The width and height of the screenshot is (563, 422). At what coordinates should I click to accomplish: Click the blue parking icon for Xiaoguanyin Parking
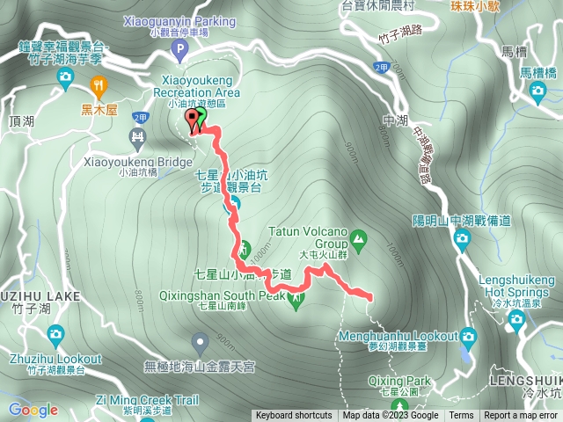(x=182, y=53)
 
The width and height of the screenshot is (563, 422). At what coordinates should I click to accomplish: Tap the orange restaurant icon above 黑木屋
(x=99, y=85)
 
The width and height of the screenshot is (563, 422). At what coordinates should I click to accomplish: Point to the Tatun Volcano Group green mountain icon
(x=358, y=236)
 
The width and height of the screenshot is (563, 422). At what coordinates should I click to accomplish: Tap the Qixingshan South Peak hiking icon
(x=296, y=301)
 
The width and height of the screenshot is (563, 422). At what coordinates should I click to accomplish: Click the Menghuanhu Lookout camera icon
(x=467, y=336)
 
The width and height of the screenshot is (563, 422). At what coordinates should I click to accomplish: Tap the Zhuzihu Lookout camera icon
(x=55, y=334)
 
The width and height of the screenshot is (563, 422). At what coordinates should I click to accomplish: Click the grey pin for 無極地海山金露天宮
(x=201, y=340)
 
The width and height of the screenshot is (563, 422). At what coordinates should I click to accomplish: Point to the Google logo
(x=33, y=410)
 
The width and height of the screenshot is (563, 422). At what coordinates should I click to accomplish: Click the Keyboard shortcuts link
(x=294, y=416)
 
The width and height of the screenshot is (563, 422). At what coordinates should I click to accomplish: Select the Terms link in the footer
(x=461, y=416)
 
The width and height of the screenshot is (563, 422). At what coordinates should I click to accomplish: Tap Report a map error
(x=520, y=416)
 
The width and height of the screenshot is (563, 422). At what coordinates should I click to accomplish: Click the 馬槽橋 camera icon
(x=537, y=55)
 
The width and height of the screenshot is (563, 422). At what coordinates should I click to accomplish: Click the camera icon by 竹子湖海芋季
(x=65, y=76)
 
